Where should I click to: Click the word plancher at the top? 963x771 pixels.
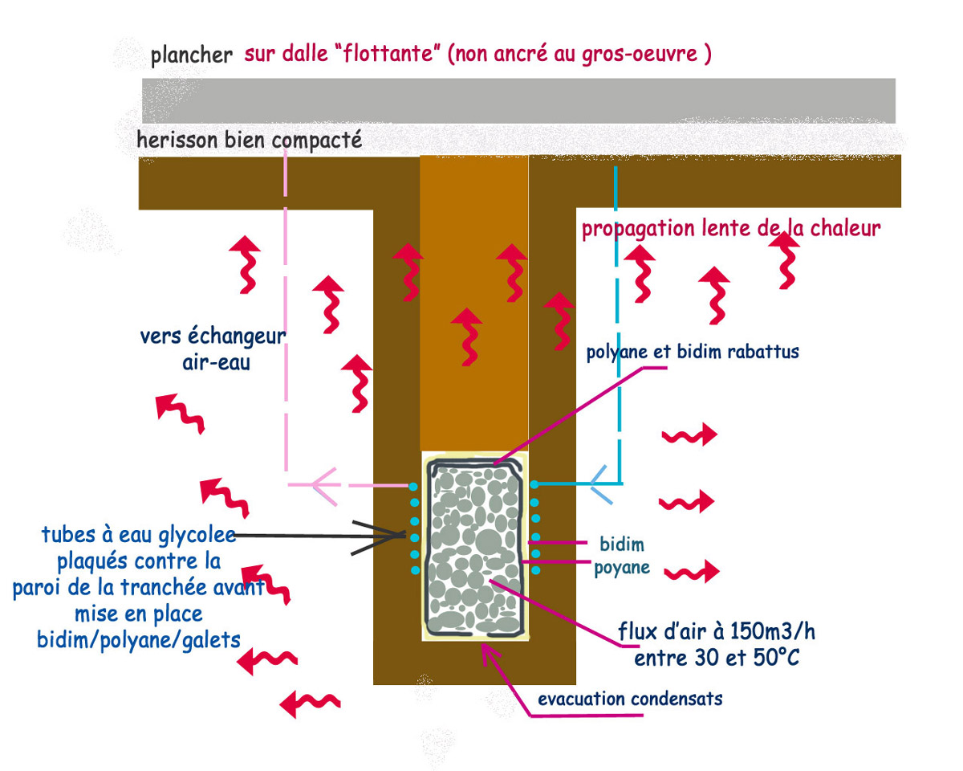click(x=191, y=56)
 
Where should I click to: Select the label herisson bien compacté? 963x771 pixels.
click(x=250, y=141)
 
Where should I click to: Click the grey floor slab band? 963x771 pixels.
click(x=518, y=100)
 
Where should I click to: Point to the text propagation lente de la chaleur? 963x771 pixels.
click(x=731, y=229)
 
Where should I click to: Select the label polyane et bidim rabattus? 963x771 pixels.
click(x=693, y=352)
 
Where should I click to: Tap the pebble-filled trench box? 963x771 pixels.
click(x=475, y=546)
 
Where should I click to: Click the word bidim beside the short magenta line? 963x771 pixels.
click(x=623, y=545)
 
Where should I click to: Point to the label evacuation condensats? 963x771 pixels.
click(x=630, y=699)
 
